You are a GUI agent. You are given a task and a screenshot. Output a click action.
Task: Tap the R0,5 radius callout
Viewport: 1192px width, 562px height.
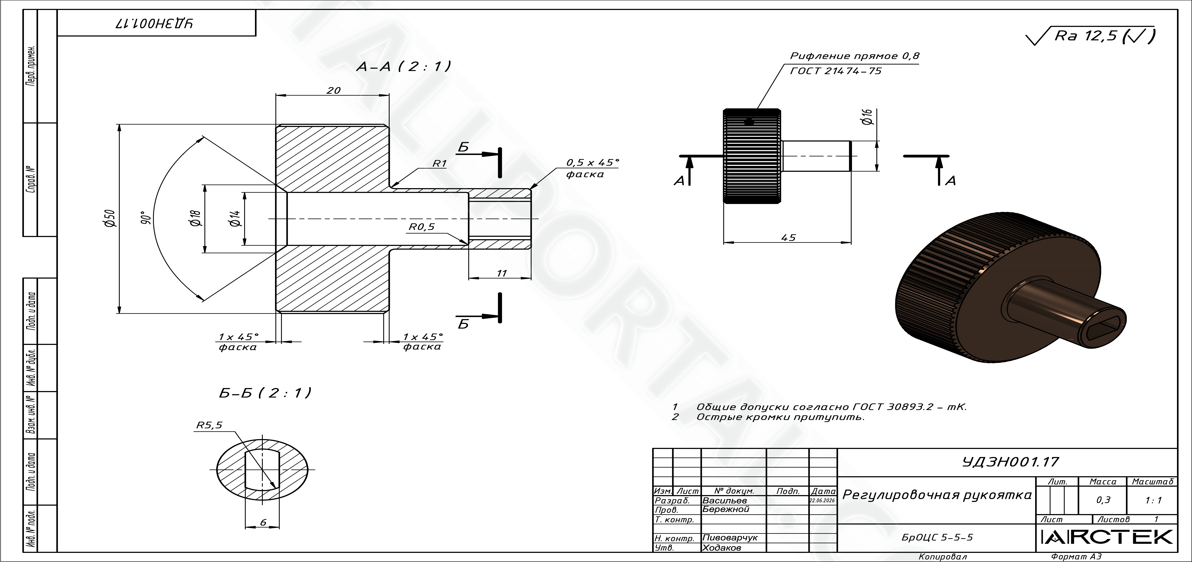[422, 227]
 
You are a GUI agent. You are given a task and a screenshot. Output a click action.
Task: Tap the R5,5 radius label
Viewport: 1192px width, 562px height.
[209, 425]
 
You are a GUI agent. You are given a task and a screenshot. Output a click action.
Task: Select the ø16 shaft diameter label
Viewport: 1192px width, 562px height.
[867, 117]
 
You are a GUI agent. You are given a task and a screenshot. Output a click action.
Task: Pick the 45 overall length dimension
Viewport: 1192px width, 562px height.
[788, 238]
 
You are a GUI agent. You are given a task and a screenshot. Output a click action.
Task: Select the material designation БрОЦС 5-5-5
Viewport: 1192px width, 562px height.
[937, 537]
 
